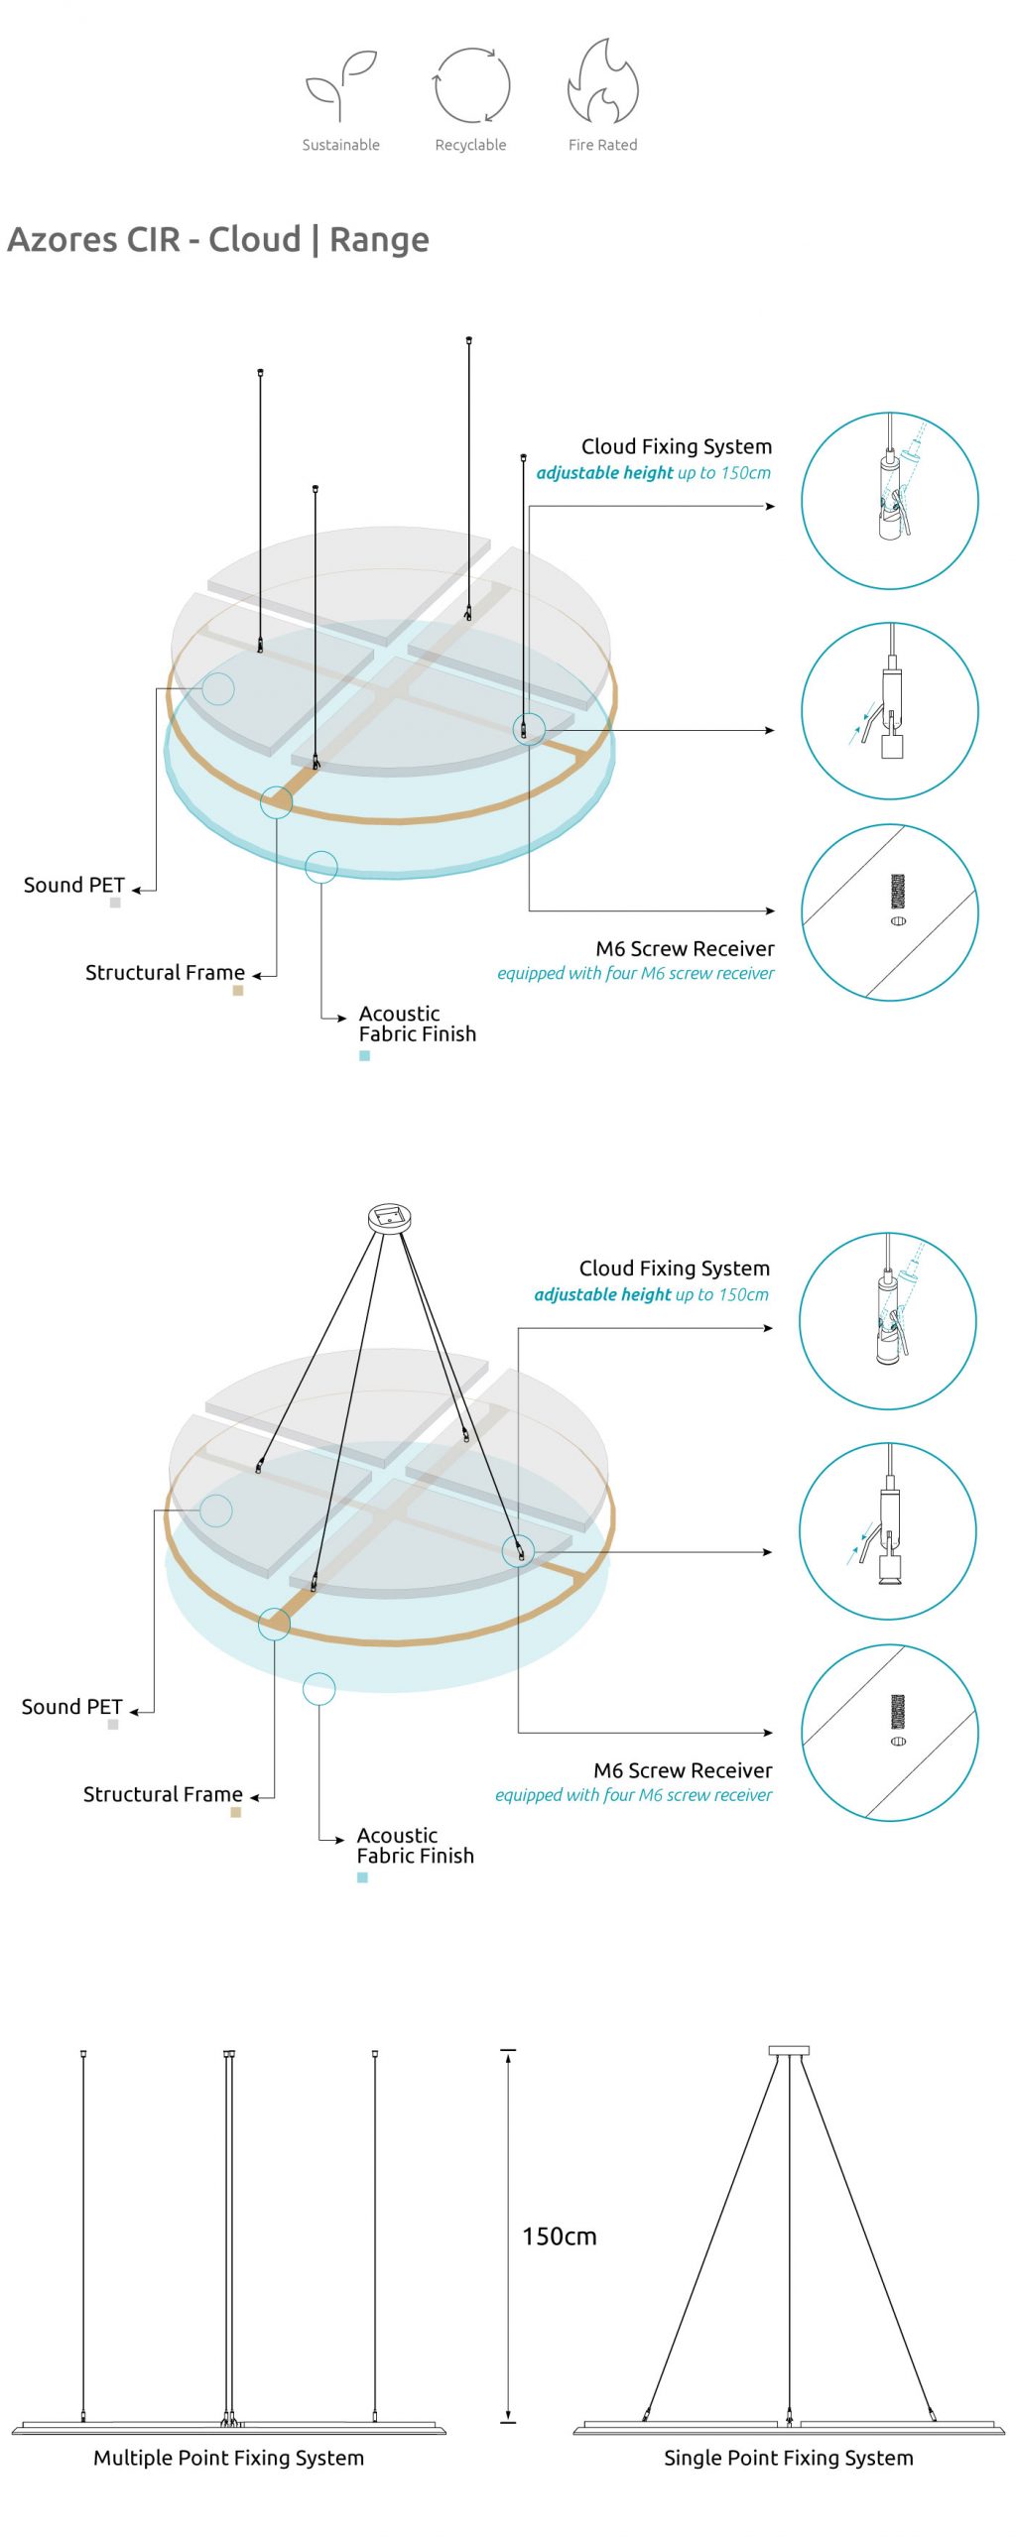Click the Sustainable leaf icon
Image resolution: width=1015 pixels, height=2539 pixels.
[x=340, y=85]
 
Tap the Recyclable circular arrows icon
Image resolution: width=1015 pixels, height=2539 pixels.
[x=471, y=85]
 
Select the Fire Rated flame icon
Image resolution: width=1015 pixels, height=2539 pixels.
[x=602, y=82]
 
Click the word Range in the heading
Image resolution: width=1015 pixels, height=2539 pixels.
[x=379, y=241]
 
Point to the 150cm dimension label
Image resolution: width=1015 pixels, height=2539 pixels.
[x=560, y=2237]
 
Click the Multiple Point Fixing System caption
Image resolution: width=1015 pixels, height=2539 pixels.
[x=228, y=2458]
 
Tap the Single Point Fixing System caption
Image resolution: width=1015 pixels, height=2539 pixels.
[x=789, y=2458]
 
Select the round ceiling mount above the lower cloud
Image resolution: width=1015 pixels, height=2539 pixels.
[x=390, y=1218]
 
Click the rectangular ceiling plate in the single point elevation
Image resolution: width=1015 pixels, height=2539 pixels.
[x=789, y=2050]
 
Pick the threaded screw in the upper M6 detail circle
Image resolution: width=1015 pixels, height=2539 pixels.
[x=898, y=892]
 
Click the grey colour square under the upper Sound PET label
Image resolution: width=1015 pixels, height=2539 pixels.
[x=115, y=903]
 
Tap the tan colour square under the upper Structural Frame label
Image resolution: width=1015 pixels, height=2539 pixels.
[x=238, y=990]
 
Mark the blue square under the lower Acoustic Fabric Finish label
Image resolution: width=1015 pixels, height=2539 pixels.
[x=362, y=1877]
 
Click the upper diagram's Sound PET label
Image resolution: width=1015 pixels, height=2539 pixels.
[x=74, y=885]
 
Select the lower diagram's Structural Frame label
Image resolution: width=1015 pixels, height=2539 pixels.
[x=163, y=1794]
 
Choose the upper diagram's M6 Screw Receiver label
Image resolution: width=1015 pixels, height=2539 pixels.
[x=685, y=949]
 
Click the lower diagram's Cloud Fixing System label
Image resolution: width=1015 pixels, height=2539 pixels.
[x=675, y=1269]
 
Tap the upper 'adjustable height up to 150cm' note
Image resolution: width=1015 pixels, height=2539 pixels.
[x=654, y=473]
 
